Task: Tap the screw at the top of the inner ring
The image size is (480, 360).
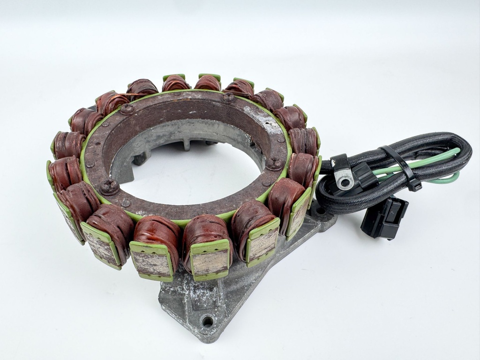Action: point(228,98)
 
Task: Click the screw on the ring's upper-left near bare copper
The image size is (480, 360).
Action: point(127,109)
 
